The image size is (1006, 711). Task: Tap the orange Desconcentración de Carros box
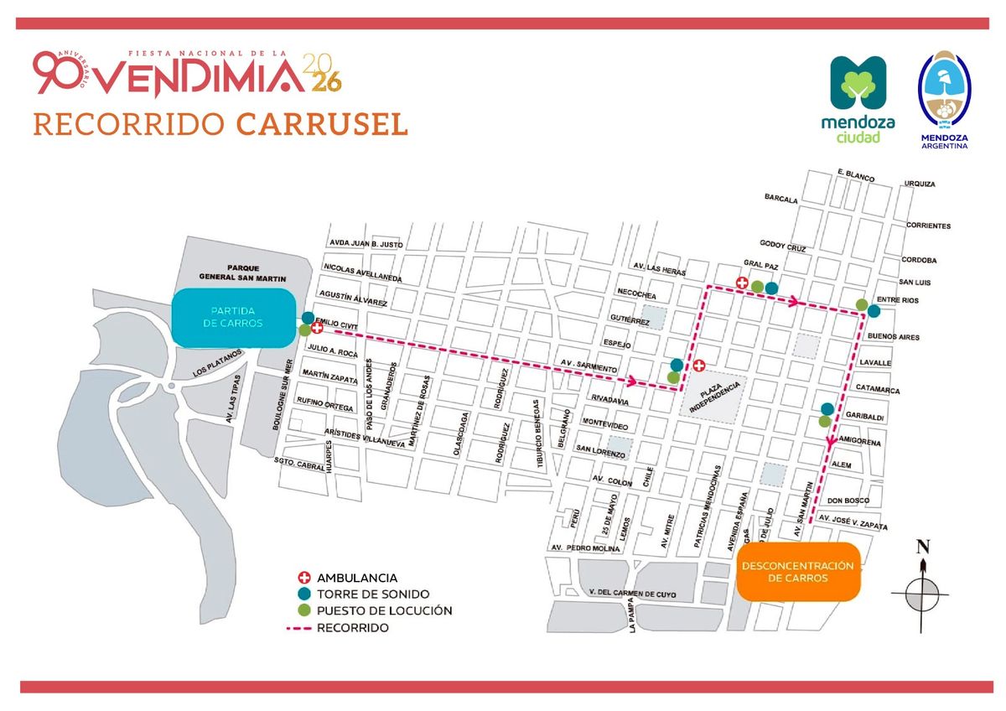[797, 572]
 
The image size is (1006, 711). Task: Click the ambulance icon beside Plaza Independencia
[699, 366]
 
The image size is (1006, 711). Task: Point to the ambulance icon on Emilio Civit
[317, 330]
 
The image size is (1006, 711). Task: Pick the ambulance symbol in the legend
[304, 578]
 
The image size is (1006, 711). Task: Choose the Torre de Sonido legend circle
[304, 594]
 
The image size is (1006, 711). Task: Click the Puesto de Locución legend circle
[304, 610]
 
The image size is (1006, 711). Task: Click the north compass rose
[924, 592]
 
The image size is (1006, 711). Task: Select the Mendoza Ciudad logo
[858, 99]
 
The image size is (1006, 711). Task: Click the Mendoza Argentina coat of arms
[944, 99]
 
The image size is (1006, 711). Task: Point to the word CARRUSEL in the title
[322, 122]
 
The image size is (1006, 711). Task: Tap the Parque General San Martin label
[242, 272]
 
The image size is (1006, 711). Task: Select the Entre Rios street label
[897, 300]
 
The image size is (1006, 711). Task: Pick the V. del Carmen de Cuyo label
[632, 594]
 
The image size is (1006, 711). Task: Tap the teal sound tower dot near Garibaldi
[827, 408]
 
